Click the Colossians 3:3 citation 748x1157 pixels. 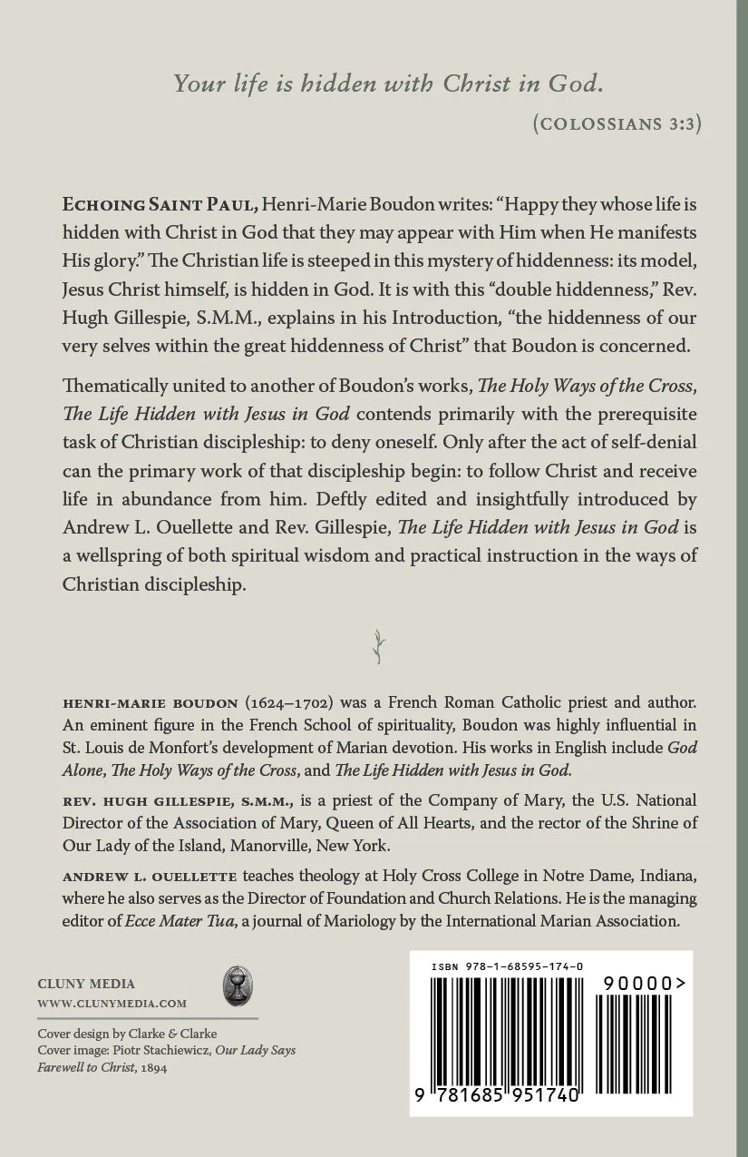coord(617,125)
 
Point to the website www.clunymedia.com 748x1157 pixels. coord(112,1003)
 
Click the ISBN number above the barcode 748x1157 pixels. coord(508,968)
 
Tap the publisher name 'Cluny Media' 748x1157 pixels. coord(86,983)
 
